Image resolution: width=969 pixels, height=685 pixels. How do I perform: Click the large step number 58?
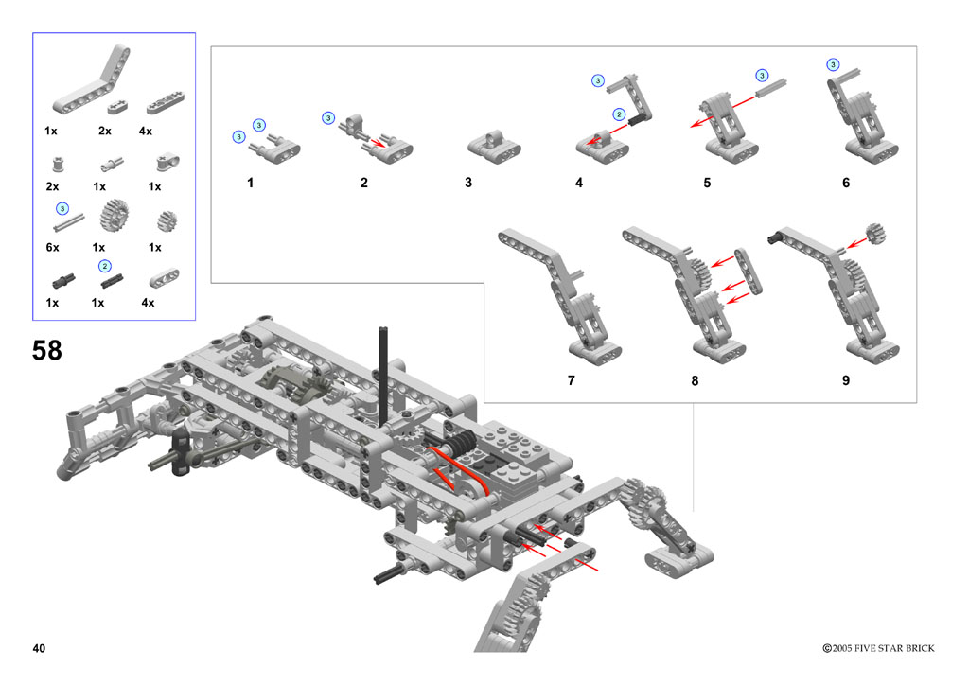pos(47,350)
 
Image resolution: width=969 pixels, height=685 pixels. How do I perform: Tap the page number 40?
pos(39,648)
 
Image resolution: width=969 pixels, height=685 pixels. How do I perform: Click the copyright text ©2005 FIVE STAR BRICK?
pos(878,648)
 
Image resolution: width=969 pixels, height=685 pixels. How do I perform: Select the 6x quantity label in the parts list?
pos(53,247)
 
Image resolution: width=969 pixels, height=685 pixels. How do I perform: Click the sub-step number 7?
pos(571,380)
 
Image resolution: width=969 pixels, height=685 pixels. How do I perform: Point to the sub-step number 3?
pos(468,183)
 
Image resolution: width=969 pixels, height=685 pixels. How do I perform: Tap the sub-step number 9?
pos(846,380)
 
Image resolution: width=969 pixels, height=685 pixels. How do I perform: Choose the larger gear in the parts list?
pos(115,216)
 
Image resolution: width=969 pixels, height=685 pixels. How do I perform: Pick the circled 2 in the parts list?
pos(105,266)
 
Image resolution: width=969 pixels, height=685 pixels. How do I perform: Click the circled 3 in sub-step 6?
pos(833,65)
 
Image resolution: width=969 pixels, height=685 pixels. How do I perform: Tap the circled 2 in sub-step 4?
pos(619,114)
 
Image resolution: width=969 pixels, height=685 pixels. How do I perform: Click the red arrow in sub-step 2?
pos(377,142)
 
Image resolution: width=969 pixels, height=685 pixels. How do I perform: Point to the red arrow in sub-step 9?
pos(856,243)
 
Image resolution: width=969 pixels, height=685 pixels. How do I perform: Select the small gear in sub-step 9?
pos(875,233)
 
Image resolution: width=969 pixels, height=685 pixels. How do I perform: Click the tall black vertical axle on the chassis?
pos(383,376)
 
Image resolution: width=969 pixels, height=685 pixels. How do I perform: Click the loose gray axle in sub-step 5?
pos(770,88)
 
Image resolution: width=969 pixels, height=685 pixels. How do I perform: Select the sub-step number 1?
pos(250,183)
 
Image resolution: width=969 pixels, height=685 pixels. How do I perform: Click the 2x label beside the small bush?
pos(53,186)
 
